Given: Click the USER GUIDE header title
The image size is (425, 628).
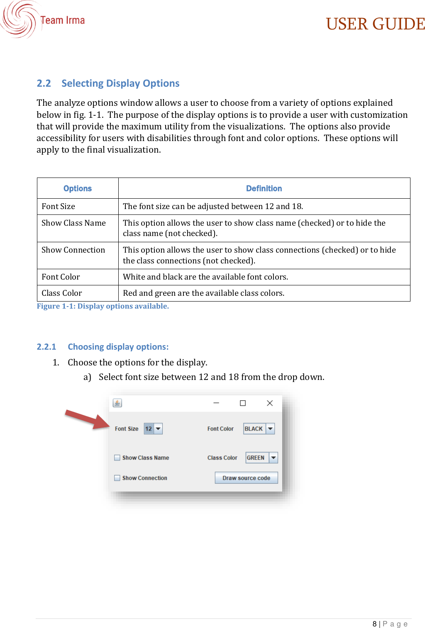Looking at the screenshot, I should pos(375,24).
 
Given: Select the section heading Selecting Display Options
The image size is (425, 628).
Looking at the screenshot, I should pos(120,83).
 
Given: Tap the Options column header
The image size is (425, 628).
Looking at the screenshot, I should pos(78,188).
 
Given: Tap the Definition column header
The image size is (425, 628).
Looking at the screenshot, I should pos(264,188).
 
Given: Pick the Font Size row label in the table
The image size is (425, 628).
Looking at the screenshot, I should pos(59,207).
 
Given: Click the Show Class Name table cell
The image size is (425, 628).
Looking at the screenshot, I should pos(74,223).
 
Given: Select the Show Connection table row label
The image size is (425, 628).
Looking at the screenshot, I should pos(73,250).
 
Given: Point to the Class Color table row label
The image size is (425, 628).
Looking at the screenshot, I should pos(62,293).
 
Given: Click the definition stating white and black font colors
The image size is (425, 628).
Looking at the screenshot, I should pos(205,277).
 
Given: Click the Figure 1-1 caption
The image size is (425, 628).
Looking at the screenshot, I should pos(103,306).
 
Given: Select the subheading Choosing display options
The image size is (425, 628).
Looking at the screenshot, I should pos(118,347).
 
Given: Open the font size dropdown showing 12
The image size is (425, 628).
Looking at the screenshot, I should pos(153,428).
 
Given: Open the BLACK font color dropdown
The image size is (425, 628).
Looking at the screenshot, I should pos(259,428).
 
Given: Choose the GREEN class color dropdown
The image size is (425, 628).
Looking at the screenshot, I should pos(261,458).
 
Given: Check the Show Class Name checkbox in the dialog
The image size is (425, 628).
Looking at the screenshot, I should pos(117,458).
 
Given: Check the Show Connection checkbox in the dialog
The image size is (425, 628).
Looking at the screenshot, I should pos(117,478).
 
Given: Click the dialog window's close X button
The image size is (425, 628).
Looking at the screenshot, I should pos(270,403).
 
